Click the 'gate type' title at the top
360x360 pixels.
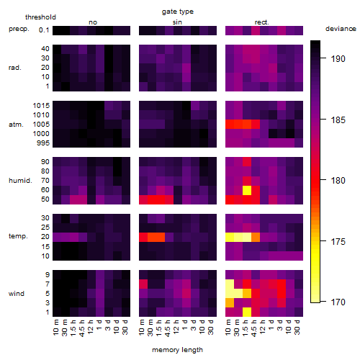click(x=178, y=12)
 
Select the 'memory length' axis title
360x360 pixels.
click(x=177, y=350)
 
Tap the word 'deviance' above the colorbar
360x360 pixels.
click(x=341, y=29)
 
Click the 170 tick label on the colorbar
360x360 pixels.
click(x=338, y=302)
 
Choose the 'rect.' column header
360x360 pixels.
click(x=261, y=22)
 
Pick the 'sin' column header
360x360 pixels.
click(x=177, y=22)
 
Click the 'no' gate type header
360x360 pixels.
click(x=93, y=22)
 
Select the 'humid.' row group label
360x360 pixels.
click(x=20, y=181)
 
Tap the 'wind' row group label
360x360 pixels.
click(x=17, y=294)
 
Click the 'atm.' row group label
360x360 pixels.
click(x=16, y=125)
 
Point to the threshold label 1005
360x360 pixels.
click(x=41, y=125)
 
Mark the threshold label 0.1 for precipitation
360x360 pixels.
click(x=44, y=30)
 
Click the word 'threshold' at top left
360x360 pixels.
click(x=40, y=17)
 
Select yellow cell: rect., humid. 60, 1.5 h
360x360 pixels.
click(x=247, y=190)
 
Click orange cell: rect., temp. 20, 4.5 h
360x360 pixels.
click(x=256, y=238)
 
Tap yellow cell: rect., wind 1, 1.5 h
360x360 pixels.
click(x=247, y=312)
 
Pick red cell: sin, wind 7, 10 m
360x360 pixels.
click(x=143, y=284)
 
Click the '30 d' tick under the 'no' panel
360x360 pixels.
click(x=125, y=327)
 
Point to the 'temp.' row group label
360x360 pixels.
click(x=18, y=236)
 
